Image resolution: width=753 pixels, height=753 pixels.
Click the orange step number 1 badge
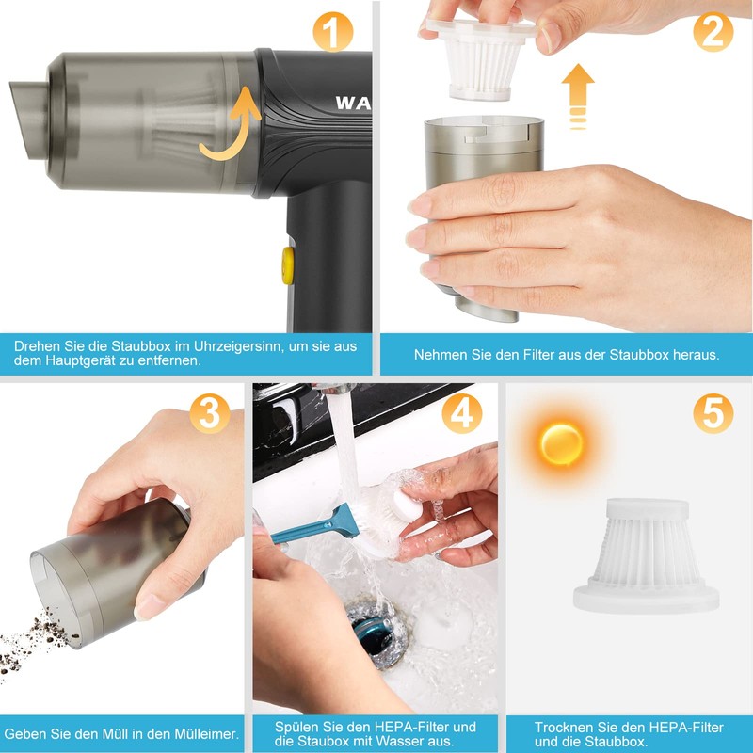(332, 32)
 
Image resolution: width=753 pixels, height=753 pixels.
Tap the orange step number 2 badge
(713, 32)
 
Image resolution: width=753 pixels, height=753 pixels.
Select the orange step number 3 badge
(209, 413)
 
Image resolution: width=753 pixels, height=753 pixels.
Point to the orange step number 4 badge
(461, 413)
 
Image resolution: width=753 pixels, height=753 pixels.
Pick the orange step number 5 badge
(713, 413)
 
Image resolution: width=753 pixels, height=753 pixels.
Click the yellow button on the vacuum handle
(288, 265)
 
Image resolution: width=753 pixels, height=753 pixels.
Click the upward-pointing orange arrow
(578, 96)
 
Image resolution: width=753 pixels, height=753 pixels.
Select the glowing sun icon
(561, 443)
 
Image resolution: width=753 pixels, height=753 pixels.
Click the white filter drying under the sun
(646, 555)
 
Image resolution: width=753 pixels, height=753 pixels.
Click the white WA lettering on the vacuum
(353, 103)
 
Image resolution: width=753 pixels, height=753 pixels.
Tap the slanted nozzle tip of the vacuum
(30, 120)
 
